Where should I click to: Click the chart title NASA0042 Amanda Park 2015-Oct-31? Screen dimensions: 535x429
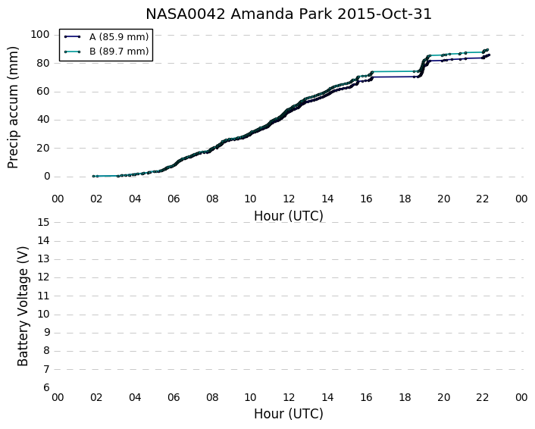[289, 14]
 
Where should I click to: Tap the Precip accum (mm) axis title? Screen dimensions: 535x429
[13, 108]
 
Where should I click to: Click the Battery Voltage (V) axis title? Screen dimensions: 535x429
[23, 306]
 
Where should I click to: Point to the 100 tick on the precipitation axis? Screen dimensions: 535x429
[40, 35]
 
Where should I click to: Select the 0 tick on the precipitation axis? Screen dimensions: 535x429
[47, 177]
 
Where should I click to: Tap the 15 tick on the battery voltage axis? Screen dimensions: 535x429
[43, 223]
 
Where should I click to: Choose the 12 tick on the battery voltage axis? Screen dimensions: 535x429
[43, 277]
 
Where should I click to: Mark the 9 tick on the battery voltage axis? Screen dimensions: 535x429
[47, 333]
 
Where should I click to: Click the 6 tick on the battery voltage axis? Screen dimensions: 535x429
[47, 388]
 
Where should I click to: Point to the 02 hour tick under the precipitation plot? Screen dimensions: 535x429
[96, 199]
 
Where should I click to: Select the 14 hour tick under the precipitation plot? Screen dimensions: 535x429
[327, 199]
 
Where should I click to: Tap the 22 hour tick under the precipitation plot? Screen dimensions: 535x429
[482, 199]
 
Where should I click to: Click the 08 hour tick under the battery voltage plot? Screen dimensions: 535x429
[212, 397]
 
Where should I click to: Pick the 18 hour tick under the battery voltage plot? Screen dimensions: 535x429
[405, 397]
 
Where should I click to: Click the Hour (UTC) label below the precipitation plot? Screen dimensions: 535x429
[289, 216]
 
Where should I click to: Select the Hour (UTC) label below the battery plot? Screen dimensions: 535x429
[289, 414]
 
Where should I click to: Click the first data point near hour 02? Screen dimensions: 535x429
[93, 176]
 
